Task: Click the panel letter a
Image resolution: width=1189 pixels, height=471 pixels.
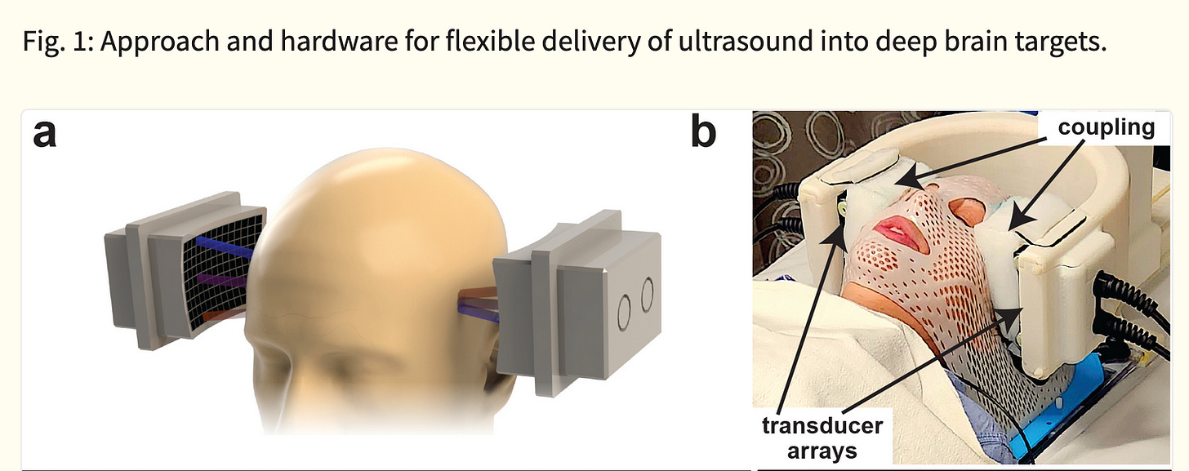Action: tap(45, 135)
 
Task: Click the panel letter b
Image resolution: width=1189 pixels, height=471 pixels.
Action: tap(703, 135)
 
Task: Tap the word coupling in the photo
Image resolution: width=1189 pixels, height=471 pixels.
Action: tap(1106, 127)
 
